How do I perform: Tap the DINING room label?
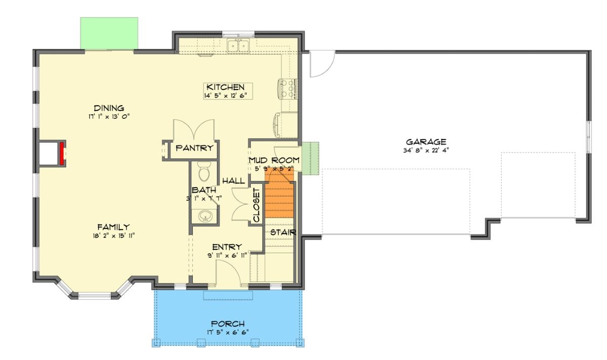click(109, 108)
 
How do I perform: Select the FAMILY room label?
click(113, 227)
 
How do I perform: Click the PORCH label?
click(228, 324)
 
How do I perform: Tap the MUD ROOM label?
click(274, 160)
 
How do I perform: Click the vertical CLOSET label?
click(256, 205)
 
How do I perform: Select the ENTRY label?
click(226, 247)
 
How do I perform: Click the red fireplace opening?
click(63, 154)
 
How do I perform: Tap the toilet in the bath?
click(204, 172)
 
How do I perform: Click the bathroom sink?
click(205, 217)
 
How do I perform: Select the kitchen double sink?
click(238, 46)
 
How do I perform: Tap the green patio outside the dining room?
click(109, 33)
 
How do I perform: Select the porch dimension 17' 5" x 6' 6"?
click(228, 332)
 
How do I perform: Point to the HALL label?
click(233, 181)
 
